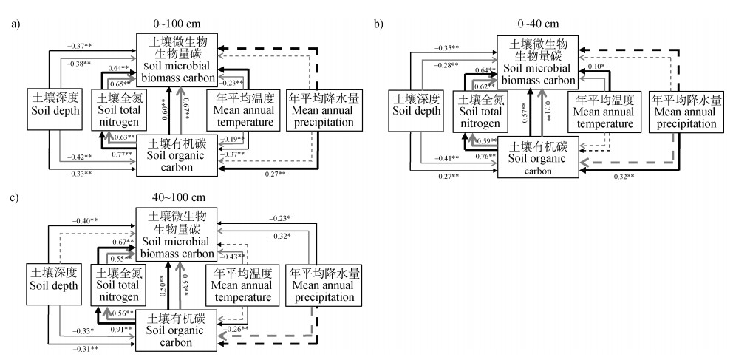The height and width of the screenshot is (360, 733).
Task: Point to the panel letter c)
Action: coord(15,197)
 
